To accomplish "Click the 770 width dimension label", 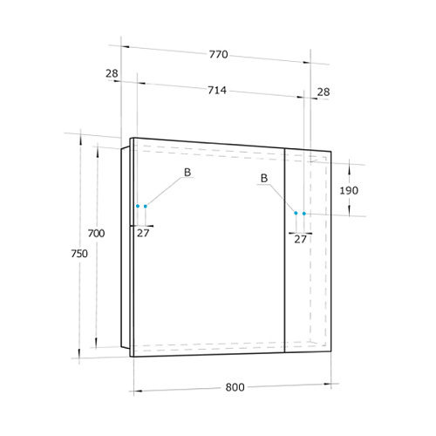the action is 219,54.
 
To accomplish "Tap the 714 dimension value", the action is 217,90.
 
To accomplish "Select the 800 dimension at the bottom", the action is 235,387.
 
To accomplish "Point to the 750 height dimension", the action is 79,254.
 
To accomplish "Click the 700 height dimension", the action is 96,233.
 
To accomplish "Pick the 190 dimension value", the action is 349,191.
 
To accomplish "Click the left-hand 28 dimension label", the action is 112,73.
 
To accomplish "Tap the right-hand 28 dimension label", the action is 324,92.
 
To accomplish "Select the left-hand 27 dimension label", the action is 143,233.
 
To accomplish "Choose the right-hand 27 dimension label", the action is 300,239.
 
